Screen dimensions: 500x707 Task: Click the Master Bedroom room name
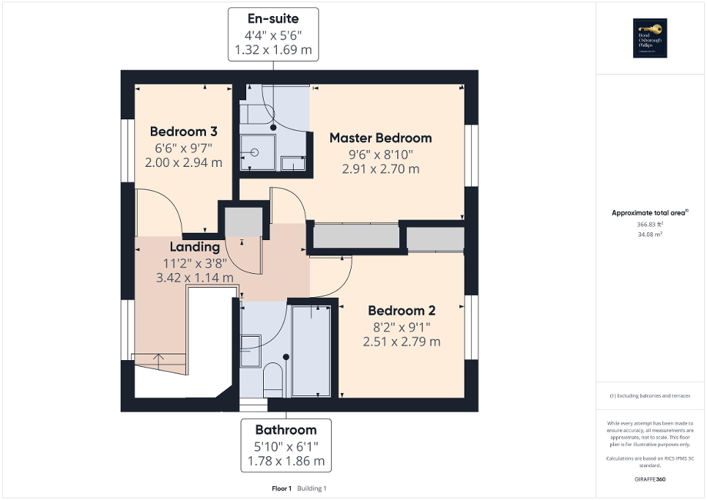click(x=380, y=138)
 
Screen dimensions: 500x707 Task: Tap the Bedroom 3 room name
click(x=183, y=132)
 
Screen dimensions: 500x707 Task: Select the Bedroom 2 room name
click(x=401, y=310)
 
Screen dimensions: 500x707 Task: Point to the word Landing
click(x=195, y=247)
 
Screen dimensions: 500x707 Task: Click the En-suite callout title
click(x=273, y=18)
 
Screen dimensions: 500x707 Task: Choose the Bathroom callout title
click(x=286, y=430)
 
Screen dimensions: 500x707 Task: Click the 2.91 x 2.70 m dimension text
click(x=380, y=169)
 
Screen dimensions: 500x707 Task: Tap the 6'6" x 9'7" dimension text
click(x=183, y=148)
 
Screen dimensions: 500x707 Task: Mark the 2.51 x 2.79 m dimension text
click(x=401, y=342)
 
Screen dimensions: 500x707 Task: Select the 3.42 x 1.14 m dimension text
click(x=195, y=278)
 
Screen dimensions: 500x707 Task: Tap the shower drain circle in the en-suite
click(x=255, y=153)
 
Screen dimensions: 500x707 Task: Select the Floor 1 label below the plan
click(x=281, y=488)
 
